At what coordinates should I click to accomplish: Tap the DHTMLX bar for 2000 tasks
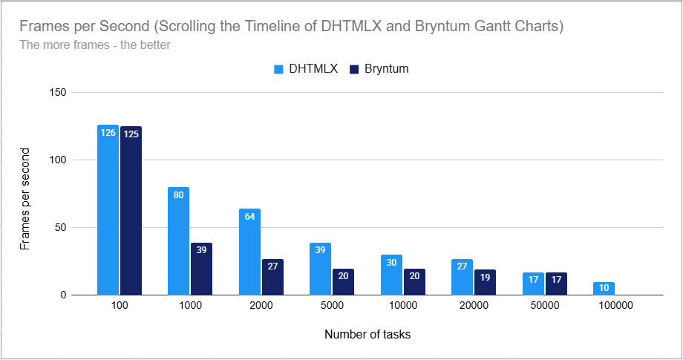point(249,252)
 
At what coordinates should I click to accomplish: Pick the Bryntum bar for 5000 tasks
point(343,281)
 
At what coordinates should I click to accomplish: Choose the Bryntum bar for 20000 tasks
point(485,282)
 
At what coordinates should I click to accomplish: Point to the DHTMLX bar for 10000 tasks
point(391,275)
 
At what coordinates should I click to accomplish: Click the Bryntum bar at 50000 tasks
point(555,284)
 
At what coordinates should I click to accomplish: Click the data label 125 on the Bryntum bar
point(131,134)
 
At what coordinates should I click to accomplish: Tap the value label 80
point(178,196)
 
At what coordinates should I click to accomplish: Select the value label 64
point(249,217)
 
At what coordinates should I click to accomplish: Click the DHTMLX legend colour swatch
point(279,69)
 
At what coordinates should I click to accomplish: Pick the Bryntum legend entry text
point(386,69)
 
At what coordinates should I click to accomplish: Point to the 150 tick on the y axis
point(57,92)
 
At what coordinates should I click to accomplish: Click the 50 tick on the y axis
point(60,227)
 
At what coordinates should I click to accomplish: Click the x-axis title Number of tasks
point(367,334)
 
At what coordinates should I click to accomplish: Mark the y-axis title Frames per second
point(25,199)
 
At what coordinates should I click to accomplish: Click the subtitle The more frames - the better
point(95,45)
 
